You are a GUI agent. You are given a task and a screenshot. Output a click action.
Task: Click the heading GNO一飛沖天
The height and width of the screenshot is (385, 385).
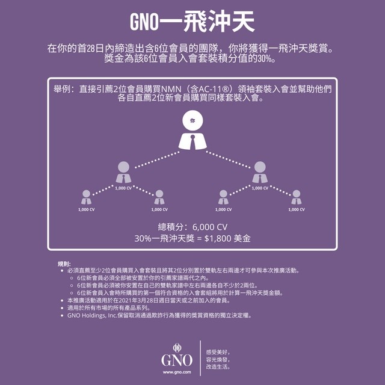[x=192, y=21]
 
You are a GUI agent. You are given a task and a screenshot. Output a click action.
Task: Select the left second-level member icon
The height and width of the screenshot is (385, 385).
[x=124, y=172]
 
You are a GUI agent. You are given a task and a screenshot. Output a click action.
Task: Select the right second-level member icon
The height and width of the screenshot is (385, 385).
[x=260, y=172]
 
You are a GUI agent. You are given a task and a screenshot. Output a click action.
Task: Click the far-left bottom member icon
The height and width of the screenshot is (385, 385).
[x=87, y=197]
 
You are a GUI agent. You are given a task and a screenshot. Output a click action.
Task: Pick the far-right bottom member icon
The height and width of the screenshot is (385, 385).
[x=296, y=197]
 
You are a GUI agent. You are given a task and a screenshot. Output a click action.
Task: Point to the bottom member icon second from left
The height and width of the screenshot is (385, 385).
[x=159, y=197]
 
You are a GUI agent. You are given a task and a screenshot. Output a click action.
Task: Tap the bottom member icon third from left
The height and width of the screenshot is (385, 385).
[x=223, y=197]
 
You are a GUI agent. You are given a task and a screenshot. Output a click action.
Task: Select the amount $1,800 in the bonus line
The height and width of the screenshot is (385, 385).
[x=220, y=239]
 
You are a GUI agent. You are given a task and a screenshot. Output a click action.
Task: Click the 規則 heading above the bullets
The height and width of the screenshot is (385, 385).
[x=64, y=264]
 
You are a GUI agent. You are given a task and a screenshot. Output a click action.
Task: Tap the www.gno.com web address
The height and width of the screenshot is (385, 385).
[x=177, y=373]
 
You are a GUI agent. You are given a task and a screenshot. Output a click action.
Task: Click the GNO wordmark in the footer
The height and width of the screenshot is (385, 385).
[x=177, y=360]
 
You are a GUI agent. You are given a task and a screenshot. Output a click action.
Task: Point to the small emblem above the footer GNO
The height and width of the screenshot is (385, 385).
[x=177, y=347]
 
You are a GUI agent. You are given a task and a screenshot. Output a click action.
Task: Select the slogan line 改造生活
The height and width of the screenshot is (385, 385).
[x=218, y=367]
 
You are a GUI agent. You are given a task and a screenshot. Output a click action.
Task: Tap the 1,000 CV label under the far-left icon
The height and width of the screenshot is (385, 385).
[x=87, y=210]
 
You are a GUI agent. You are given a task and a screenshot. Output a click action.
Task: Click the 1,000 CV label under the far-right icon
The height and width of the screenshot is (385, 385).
[x=296, y=210]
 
